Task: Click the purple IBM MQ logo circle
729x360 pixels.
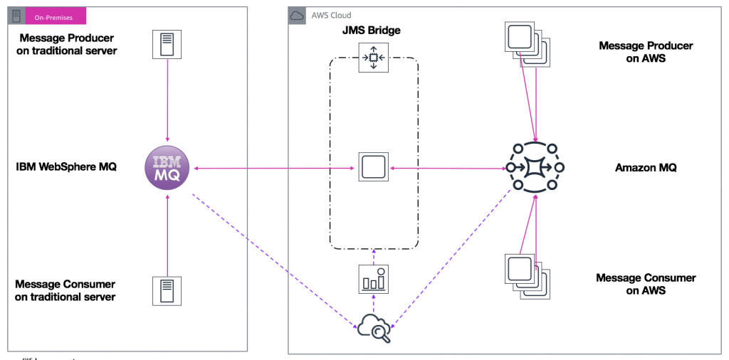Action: click(x=167, y=169)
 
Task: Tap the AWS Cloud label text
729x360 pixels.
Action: click(x=331, y=16)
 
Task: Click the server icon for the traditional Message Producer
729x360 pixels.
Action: click(x=167, y=44)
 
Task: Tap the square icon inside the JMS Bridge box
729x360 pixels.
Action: click(x=373, y=169)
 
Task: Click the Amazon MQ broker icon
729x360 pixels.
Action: click(x=535, y=169)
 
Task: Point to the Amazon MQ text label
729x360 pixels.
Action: click(x=646, y=169)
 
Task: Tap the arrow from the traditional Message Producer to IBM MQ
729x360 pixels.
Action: click(x=167, y=100)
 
